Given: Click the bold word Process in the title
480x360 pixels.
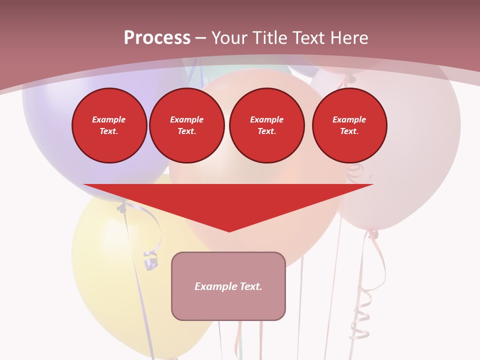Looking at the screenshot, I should click(157, 37).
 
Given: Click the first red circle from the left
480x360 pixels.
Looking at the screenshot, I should click(109, 125).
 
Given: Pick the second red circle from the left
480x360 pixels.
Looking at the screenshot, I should click(186, 125).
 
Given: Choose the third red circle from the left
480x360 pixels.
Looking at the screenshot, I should click(266, 125).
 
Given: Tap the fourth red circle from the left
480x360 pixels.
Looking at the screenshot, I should click(349, 125).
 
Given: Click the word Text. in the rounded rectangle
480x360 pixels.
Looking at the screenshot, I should click(249, 286).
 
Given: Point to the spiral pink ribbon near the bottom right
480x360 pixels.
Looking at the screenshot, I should click(361, 310).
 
